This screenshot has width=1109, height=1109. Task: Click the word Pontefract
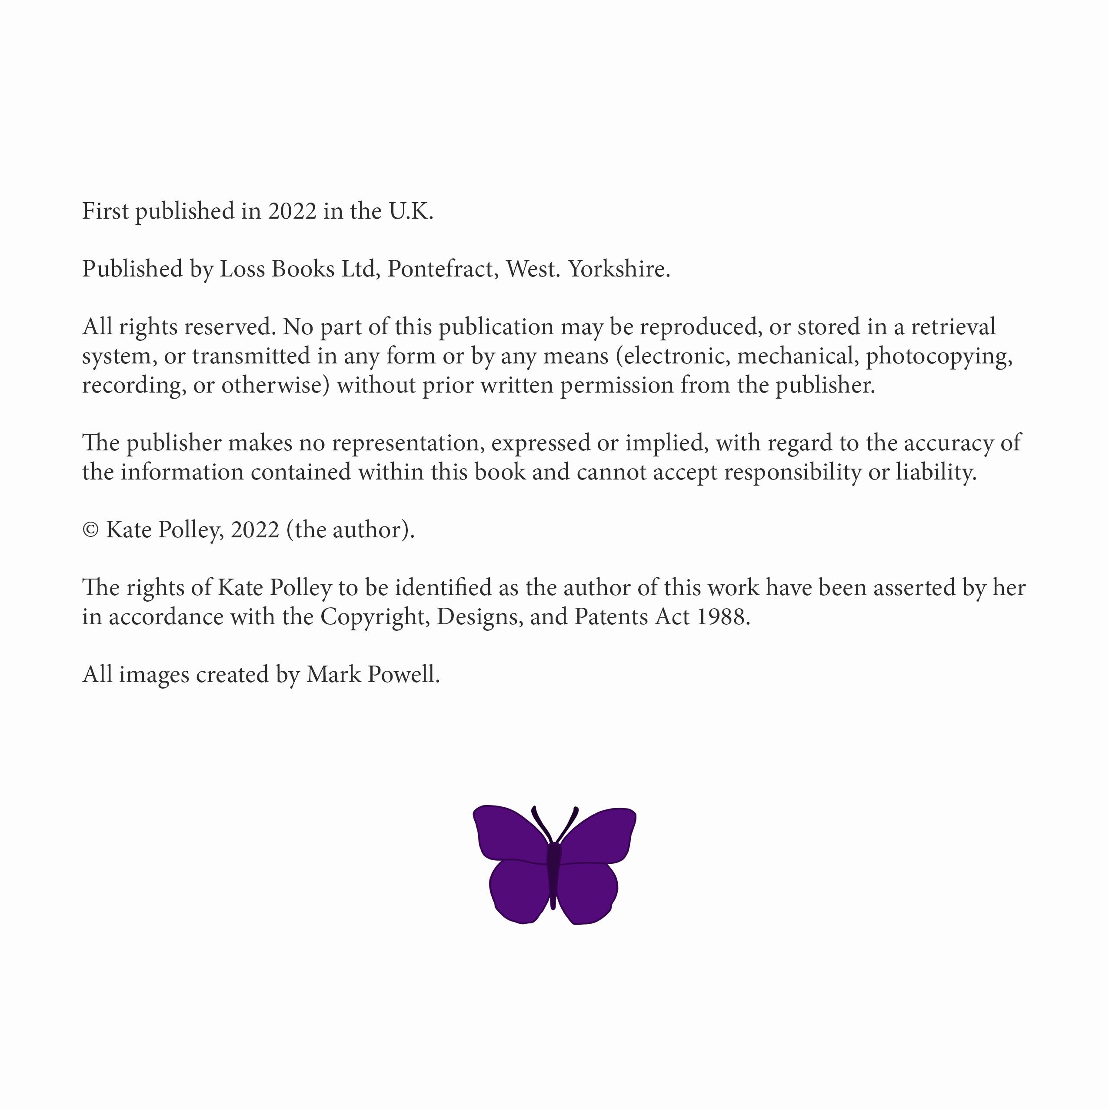coord(442,269)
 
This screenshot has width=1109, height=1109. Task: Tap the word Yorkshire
coord(619,269)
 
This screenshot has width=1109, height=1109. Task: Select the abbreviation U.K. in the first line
coord(411,211)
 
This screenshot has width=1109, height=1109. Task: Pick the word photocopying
coord(939,356)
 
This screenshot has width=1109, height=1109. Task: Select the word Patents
coord(611,616)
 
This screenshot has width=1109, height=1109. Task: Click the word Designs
coord(480,616)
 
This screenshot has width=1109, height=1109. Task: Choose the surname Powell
coord(403,674)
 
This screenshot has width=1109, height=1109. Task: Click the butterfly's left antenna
coord(541,824)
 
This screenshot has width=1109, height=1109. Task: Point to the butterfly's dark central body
coord(554,873)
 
